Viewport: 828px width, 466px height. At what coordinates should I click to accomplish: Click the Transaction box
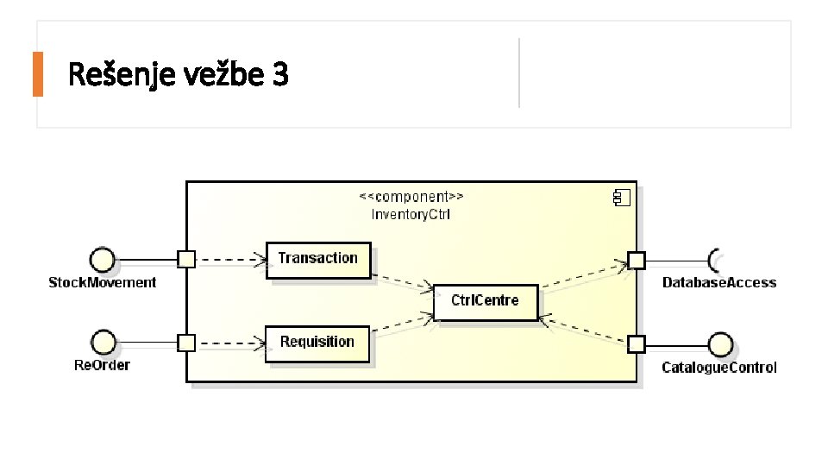pyautogui.click(x=317, y=259)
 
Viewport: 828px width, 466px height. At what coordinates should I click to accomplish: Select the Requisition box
pyautogui.click(x=317, y=343)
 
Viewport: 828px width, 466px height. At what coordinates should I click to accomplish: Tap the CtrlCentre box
pyautogui.click(x=486, y=301)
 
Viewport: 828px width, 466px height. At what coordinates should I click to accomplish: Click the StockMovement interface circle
pyautogui.click(x=103, y=258)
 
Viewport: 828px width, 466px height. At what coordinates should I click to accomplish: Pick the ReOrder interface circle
pyautogui.click(x=103, y=342)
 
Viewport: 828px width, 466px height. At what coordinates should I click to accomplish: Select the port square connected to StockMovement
pyautogui.click(x=185, y=258)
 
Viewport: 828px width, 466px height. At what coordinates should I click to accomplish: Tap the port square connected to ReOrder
pyautogui.click(x=185, y=343)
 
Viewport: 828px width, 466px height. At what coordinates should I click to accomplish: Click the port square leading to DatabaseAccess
pyautogui.click(x=636, y=260)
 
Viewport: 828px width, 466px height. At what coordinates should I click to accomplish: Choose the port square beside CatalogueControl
pyautogui.click(x=636, y=344)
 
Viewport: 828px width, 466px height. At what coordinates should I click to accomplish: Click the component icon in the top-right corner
pyautogui.click(x=621, y=198)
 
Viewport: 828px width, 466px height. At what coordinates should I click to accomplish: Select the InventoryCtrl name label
pyautogui.click(x=411, y=214)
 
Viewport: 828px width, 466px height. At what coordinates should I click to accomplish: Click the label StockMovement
pyautogui.click(x=103, y=282)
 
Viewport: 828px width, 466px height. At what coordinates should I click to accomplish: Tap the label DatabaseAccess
pyautogui.click(x=719, y=282)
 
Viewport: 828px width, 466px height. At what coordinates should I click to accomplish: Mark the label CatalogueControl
pyautogui.click(x=719, y=368)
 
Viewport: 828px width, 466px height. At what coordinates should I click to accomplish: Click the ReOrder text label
pyautogui.click(x=102, y=365)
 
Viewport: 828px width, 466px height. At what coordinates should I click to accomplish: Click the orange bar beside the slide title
pyautogui.click(x=37, y=74)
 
